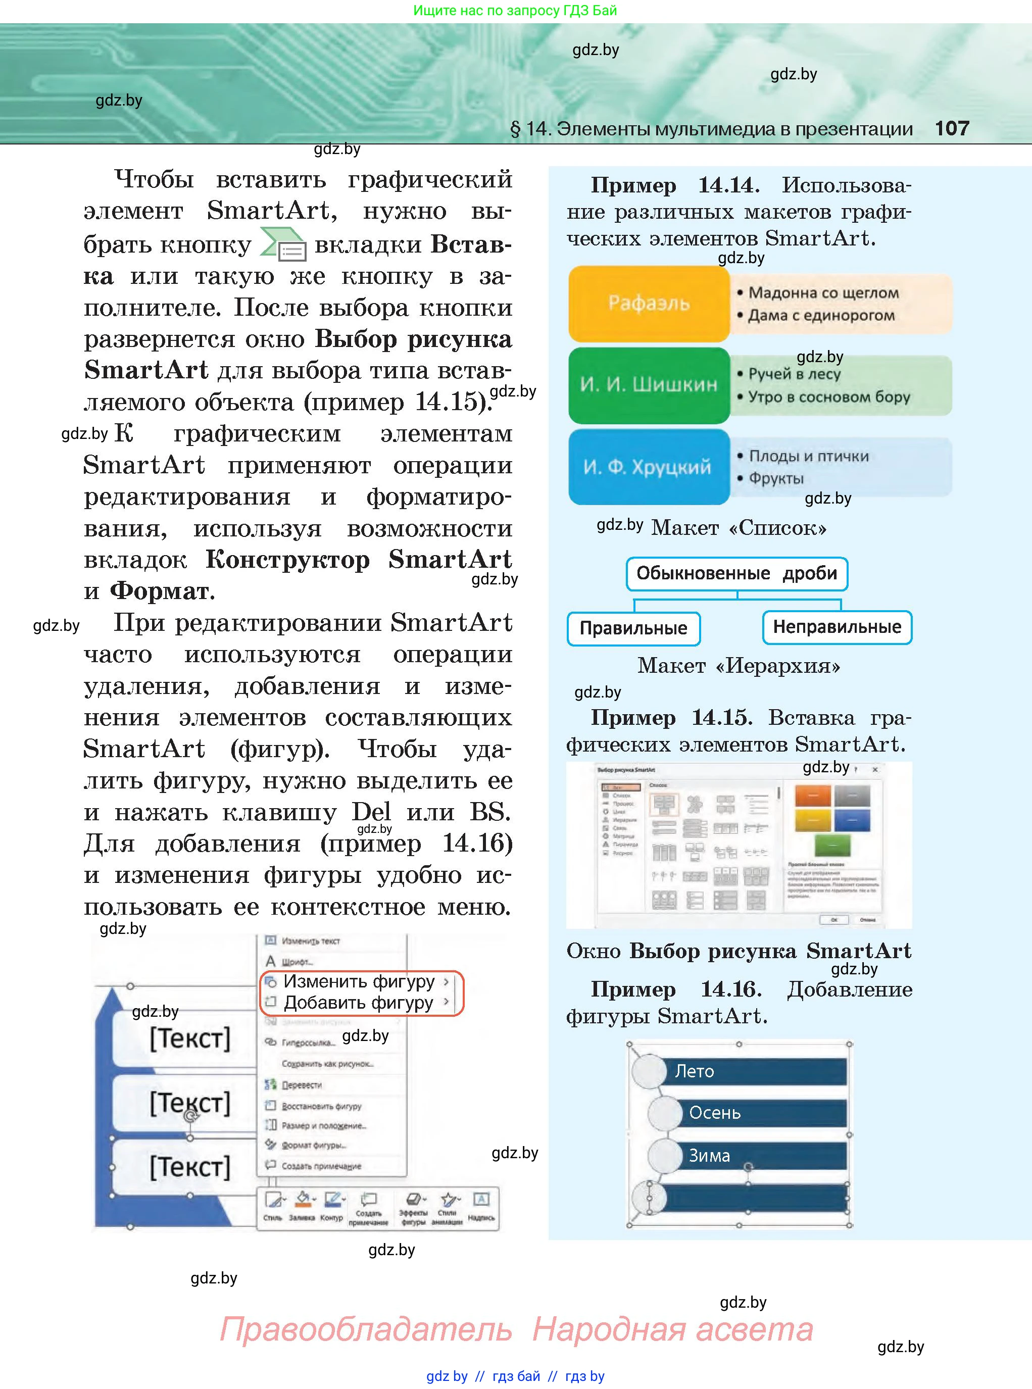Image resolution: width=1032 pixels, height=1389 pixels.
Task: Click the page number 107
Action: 951,129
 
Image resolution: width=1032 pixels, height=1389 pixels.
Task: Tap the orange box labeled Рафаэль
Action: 649,304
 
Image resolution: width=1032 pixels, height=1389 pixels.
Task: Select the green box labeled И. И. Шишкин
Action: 649,385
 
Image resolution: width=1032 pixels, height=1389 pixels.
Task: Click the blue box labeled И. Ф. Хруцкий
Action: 649,467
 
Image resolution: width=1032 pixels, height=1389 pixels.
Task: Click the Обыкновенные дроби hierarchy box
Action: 736,573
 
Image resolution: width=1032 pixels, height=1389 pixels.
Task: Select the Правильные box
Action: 633,628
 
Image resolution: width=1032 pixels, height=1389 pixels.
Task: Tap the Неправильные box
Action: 837,627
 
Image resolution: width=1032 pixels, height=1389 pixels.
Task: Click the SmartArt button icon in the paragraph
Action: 283,245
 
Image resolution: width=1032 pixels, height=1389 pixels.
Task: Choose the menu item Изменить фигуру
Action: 359,982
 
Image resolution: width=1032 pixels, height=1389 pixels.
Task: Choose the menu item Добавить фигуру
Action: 358,1003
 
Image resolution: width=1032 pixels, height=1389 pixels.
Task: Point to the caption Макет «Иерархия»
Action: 739,666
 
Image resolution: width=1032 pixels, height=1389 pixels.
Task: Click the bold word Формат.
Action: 162,591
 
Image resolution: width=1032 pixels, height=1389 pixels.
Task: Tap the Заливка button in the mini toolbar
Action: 303,1205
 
